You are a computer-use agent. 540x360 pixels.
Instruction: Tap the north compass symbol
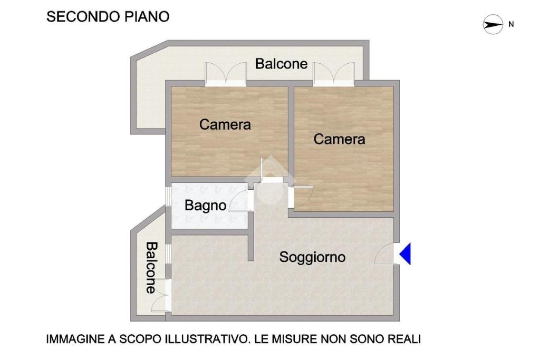click(x=493, y=24)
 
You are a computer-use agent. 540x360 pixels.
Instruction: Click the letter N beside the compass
click(x=511, y=24)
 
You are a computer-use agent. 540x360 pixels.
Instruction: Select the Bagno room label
click(x=205, y=206)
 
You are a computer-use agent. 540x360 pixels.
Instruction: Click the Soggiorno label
click(x=312, y=257)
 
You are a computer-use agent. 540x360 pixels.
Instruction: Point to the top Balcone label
click(x=282, y=64)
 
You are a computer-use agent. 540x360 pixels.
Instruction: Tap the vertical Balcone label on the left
click(x=151, y=268)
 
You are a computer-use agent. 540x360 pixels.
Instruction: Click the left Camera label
click(x=225, y=124)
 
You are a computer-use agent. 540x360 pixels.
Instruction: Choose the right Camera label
click(x=339, y=139)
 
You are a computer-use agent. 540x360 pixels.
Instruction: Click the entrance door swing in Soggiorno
click(x=384, y=254)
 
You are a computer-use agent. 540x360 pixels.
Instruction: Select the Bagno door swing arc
click(x=239, y=201)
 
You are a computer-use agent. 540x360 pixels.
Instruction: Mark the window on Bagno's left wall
click(x=168, y=197)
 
